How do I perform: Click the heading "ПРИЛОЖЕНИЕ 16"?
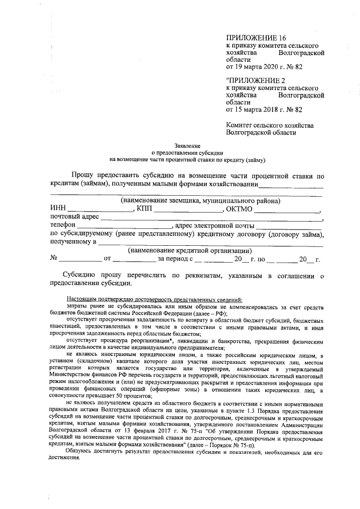256,37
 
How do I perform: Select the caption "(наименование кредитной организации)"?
190,250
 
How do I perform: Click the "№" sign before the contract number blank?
55,259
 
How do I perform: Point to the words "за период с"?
175,259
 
